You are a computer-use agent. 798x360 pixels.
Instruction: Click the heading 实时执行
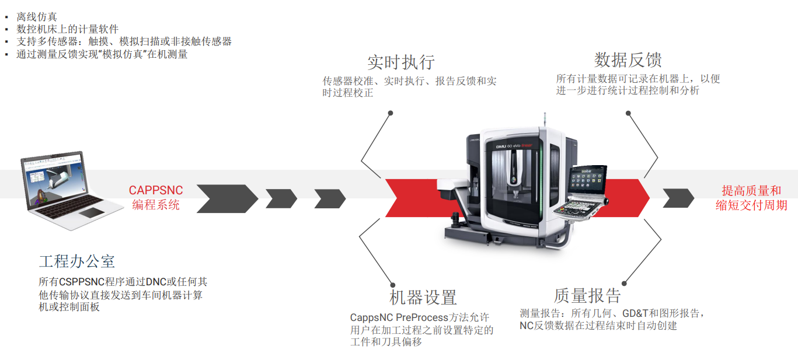(400, 62)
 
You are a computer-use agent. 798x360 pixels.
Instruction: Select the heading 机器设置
(423, 298)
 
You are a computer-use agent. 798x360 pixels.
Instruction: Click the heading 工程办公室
(76, 261)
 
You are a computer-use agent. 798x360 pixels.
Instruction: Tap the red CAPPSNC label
(156, 191)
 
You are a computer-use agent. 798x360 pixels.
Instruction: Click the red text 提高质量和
(751, 191)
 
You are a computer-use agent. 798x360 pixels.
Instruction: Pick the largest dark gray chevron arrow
(226, 198)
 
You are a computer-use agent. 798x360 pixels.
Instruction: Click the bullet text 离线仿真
(37, 18)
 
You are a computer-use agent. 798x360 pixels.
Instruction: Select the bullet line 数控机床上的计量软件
(68, 29)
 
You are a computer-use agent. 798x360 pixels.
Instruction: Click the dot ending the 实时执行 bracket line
(391, 113)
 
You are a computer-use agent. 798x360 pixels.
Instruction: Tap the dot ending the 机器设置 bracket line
(391, 283)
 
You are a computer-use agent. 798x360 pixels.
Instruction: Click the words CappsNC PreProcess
(399, 318)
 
